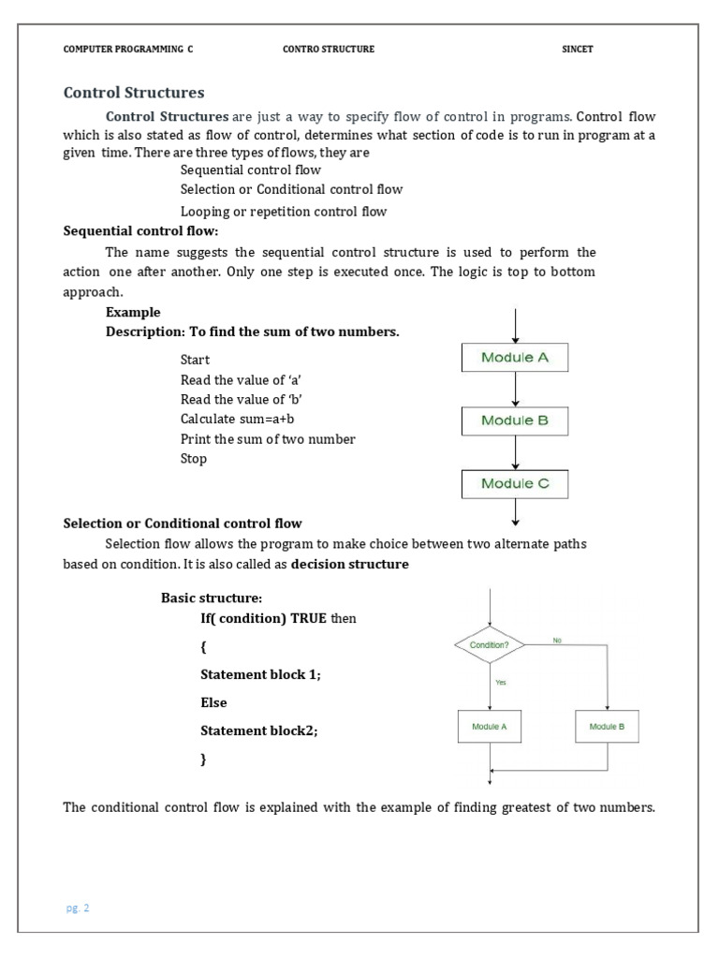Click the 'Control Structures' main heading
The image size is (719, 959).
pos(133,93)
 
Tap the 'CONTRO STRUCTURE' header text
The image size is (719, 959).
pos(328,50)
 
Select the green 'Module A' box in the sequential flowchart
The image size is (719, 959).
pos(515,357)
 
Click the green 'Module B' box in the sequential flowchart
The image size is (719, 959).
pos(515,420)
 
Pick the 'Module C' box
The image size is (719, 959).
pos(515,483)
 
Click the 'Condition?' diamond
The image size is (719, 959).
pos(489,645)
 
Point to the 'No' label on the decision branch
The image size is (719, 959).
pos(557,641)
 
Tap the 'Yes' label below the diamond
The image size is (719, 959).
pos(500,683)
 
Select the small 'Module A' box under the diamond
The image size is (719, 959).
pos(490,727)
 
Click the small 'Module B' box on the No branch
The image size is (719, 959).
pos(608,727)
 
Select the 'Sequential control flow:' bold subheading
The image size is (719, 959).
pos(139,231)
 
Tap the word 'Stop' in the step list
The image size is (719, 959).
pos(194,459)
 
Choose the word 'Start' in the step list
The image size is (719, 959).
pos(195,360)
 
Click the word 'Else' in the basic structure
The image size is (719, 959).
pos(213,702)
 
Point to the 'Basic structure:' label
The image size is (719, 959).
pos(212,598)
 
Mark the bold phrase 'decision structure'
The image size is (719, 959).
pos(350,564)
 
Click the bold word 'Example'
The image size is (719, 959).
pos(133,312)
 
